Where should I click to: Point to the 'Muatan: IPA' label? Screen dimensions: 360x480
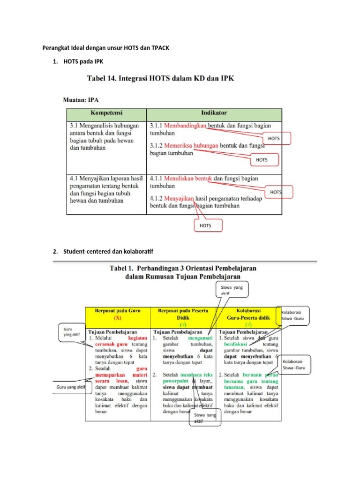(81, 99)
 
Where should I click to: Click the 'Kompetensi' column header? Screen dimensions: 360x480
(106, 113)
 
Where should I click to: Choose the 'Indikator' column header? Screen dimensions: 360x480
(214, 113)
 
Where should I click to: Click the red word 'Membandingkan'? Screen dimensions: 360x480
(185, 126)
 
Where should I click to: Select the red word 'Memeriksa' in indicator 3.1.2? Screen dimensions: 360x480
(178, 145)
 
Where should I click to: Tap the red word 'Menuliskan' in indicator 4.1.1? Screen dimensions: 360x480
(180, 179)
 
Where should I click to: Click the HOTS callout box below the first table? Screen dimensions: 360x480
(206, 225)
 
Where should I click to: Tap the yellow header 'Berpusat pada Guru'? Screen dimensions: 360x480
(117, 314)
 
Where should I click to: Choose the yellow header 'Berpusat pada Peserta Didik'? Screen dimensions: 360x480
(182, 314)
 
